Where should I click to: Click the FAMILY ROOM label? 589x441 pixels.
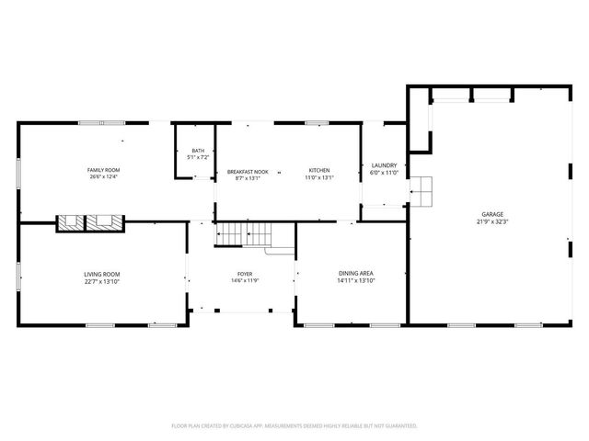[x=103, y=170]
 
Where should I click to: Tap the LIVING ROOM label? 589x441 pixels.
[x=102, y=274]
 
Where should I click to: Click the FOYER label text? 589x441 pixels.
[x=245, y=274]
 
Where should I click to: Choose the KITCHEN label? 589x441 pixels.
[x=319, y=170]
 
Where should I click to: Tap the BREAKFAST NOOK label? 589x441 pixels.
[x=248, y=170]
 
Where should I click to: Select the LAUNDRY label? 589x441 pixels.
[x=384, y=166]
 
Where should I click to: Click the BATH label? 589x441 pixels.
[x=198, y=151]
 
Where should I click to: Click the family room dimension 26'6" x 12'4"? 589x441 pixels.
[x=103, y=177]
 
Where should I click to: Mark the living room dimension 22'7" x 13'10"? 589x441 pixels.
[x=102, y=281]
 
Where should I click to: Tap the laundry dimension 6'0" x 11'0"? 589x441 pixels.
[x=384, y=174]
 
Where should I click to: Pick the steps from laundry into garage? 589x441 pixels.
[x=421, y=192]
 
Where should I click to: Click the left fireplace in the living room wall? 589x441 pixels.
[x=70, y=222]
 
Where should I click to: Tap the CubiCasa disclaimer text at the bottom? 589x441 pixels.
[x=294, y=426]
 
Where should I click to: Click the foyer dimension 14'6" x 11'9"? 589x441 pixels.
[x=245, y=281]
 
